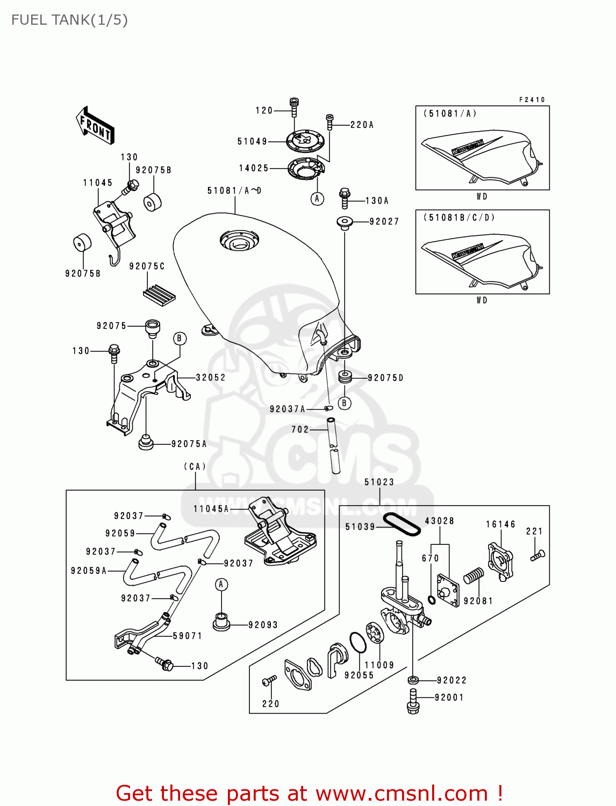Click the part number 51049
pyautogui.click(x=252, y=141)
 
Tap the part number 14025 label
pyautogui.click(x=254, y=168)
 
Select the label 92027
pyautogui.click(x=384, y=221)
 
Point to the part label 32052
pyautogui.click(x=211, y=378)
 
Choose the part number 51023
pyautogui.click(x=379, y=482)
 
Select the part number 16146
pyautogui.click(x=500, y=524)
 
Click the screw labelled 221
pyautogui.click(x=538, y=555)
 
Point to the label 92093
pyautogui.click(x=263, y=625)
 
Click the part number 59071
pyautogui.click(x=187, y=636)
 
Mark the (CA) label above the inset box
pyautogui.click(x=195, y=466)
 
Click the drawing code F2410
pyautogui.click(x=532, y=99)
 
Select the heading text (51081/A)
pyautogui.click(x=450, y=113)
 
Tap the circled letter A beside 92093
pyautogui.click(x=221, y=584)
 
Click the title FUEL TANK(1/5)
pyautogui.click(x=69, y=20)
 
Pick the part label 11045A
pyautogui.click(x=211, y=508)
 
